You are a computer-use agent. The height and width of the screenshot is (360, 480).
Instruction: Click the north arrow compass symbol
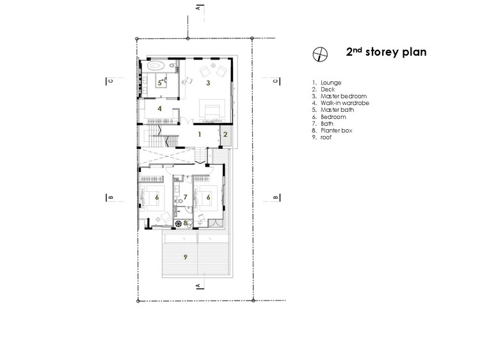point(320,54)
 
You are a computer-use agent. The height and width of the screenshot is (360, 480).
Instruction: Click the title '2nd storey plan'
point(386,52)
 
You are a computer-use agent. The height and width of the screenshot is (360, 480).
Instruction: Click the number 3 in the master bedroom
point(208,83)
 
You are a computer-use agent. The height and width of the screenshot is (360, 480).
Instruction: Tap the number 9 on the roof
point(185,257)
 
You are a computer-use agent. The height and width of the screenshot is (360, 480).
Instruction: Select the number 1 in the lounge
point(200,134)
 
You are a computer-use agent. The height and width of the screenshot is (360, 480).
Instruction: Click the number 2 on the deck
point(226,134)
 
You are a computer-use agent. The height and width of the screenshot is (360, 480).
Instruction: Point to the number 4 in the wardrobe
point(159,109)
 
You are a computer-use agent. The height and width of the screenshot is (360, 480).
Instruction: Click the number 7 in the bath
point(185,198)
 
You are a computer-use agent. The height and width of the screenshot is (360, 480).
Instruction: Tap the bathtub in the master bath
point(156,65)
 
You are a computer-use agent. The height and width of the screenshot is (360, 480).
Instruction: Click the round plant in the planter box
point(178,224)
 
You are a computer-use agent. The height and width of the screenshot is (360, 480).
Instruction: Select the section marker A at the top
point(199,8)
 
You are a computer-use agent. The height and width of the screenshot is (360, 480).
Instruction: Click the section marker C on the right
point(276,81)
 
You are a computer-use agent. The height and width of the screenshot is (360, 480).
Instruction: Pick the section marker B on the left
point(110,198)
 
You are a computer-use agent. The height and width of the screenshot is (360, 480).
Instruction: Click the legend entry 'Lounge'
point(326,82)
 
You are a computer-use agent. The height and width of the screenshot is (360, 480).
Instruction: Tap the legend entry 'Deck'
point(324,90)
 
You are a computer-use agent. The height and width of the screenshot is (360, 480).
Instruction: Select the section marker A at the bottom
point(199,286)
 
